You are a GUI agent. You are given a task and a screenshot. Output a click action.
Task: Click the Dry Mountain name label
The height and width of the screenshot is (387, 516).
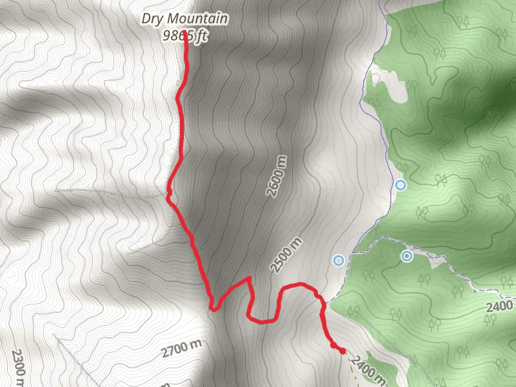click(184, 19)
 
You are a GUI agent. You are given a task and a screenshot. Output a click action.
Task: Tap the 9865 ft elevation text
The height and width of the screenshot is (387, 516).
click(184, 37)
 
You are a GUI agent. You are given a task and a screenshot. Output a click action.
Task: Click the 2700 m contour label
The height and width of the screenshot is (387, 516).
click(181, 350)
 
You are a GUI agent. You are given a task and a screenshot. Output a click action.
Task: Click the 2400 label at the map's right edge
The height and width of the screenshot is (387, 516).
click(499, 305)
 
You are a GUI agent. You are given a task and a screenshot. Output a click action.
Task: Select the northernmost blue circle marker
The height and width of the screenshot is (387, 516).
click(401, 185)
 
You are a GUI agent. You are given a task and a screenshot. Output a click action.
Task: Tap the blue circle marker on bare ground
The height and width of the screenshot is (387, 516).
click(339, 261)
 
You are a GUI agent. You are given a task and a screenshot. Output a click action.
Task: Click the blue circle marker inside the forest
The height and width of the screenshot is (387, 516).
click(406, 256)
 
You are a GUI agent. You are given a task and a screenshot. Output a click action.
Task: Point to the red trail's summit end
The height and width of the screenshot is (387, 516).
click(185, 32)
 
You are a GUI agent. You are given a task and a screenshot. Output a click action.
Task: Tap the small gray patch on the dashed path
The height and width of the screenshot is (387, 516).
click(437, 261)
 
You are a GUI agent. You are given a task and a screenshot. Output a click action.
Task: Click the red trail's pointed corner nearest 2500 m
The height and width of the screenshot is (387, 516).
click(249, 279)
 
